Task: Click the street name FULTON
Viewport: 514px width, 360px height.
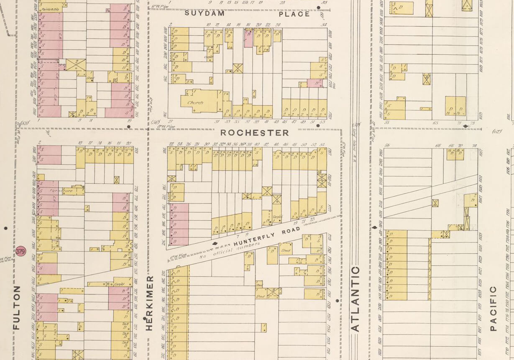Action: coord(17,307)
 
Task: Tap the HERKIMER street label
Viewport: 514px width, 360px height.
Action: coord(149,303)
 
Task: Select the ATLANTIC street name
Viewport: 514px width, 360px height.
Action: coord(355,299)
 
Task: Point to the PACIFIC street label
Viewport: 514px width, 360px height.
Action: coord(493,308)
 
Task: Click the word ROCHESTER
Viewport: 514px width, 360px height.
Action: coord(254,133)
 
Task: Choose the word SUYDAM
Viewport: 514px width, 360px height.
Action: coord(205,13)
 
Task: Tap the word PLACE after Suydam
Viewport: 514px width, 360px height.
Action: coord(294,14)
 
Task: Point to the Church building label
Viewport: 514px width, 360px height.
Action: coord(195,102)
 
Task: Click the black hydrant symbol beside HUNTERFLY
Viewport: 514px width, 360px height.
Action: coord(215,243)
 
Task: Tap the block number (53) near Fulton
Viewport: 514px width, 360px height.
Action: coord(25,123)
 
